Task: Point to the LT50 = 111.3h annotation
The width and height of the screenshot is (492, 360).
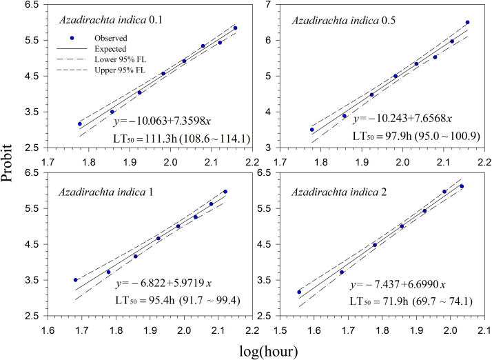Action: coord(181,139)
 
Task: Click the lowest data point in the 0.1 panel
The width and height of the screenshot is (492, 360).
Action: coord(80,124)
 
